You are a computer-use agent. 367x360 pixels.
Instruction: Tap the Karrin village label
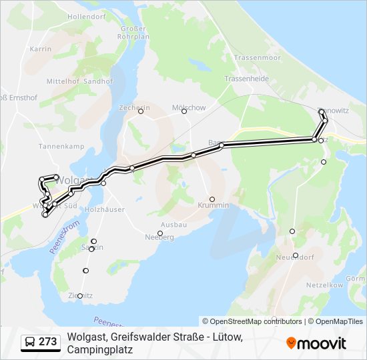coord(41,49)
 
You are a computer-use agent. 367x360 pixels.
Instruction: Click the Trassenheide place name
coord(246,78)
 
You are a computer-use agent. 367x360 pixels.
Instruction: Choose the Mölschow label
coord(189,107)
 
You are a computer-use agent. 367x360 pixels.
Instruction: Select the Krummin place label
coord(214,205)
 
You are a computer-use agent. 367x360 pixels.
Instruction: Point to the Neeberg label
coord(159,237)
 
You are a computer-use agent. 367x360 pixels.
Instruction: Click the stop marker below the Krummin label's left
coord(212,199)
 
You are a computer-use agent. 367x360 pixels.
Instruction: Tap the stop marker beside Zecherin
coord(141,111)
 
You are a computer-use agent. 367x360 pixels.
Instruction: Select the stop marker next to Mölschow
coord(185,111)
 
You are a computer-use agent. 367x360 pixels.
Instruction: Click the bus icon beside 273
coord(29,343)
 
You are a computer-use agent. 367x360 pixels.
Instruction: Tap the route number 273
coord(47,342)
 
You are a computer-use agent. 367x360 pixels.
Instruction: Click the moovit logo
coord(316,343)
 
